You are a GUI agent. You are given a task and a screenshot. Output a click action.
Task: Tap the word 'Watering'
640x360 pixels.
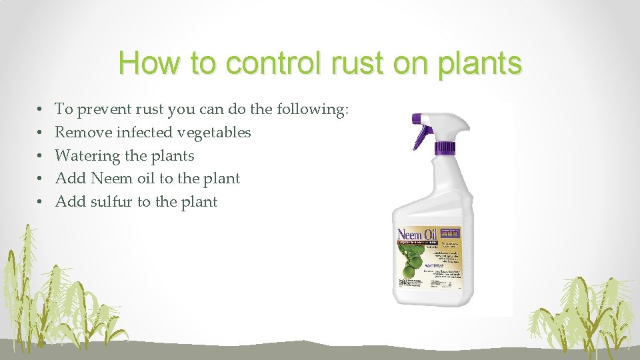(87, 155)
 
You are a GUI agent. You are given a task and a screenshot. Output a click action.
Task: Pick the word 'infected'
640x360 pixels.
(144, 132)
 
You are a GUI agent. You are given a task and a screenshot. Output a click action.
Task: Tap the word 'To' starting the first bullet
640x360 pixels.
(64, 109)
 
